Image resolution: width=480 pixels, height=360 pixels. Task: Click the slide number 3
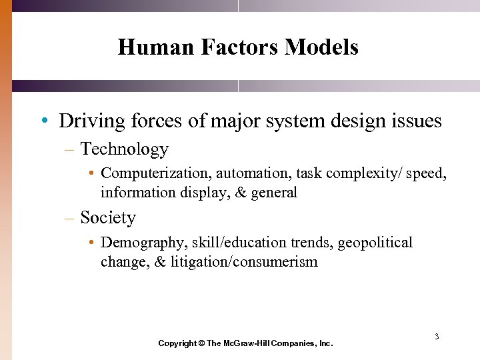pos(437,336)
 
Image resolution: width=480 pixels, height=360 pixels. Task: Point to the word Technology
pos(124,149)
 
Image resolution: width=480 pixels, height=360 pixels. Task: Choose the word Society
pos(107,218)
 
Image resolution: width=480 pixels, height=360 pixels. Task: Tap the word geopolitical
pos(375,243)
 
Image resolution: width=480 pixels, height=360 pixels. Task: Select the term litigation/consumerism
pos(244,262)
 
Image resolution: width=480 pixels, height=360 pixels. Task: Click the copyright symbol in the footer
pos(201,343)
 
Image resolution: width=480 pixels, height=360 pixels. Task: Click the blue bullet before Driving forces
pos(43,121)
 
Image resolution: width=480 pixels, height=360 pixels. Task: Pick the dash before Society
pos(69,218)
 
